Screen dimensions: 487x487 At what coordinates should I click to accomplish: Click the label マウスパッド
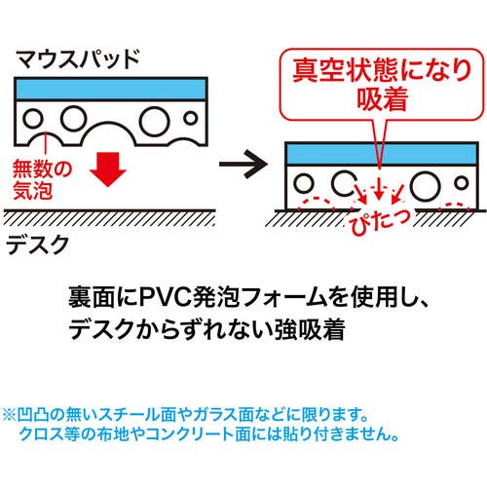(x=78, y=59)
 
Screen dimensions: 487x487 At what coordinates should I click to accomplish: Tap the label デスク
(x=37, y=244)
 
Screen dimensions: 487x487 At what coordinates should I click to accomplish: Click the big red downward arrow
(x=108, y=169)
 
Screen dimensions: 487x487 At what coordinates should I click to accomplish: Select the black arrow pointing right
(x=243, y=164)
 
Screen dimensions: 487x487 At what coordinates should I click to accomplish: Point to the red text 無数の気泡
(x=42, y=179)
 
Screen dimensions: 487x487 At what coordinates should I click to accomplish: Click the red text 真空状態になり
(x=382, y=70)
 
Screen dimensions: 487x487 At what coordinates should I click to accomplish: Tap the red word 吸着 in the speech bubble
(x=382, y=99)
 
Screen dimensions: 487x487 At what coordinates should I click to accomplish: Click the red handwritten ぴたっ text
(x=380, y=221)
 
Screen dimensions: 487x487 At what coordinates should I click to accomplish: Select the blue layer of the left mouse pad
(x=111, y=89)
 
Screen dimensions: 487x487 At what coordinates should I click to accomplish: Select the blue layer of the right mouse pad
(x=382, y=154)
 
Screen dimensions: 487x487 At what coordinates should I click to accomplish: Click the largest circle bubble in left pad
(x=155, y=121)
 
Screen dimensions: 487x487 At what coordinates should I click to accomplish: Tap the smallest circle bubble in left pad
(x=191, y=118)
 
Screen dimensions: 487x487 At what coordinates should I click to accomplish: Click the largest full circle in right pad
(x=426, y=186)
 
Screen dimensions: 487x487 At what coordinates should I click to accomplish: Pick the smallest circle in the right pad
(x=462, y=183)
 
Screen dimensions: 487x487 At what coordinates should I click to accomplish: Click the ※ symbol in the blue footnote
(x=9, y=415)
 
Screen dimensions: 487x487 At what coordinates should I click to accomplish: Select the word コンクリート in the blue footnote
(x=190, y=434)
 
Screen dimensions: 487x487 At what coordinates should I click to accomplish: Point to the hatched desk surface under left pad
(x=109, y=217)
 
